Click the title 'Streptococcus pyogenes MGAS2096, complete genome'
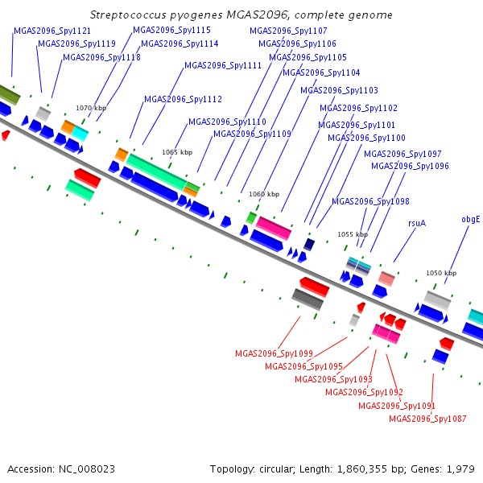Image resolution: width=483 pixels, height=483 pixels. pyautogui.click(x=242, y=14)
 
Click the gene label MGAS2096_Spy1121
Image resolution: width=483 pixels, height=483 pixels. pyautogui.click(x=52, y=31)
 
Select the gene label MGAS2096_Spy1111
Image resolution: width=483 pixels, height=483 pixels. pyautogui.click(x=223, y=65)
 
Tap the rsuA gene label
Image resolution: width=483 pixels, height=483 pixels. pyautogui.click(x=417, y=223)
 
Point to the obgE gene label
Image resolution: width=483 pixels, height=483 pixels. pyautogui.click(x=471, y=219)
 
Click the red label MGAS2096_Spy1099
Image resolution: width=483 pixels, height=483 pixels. pyautogui.click(x=274, y=353)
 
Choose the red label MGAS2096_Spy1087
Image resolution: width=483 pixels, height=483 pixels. pyautogui.click(x=427, y=419)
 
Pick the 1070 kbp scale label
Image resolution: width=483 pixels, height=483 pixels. pyautogui.click(x=91, y=108)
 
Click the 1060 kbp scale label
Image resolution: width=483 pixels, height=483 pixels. pyautogui.click(x=264, y=194)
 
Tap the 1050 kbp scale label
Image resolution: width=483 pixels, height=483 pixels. pyautogui.click(x=441, y=273)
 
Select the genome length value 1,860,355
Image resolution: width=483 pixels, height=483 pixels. pyautogui.click(x=362, y=469)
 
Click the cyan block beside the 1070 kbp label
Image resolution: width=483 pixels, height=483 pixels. pyautogui.click(x=80, y=133)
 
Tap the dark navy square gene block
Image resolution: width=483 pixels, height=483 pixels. pyautogui.click(x=309, y=244)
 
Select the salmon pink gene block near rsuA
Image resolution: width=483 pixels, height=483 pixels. pyautogui.click(x=386, y=279)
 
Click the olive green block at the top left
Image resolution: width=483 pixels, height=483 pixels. pyautogui.click(x=9, y=94)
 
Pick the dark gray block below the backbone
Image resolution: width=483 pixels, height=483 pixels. pyautogui.click(x=308, y=299)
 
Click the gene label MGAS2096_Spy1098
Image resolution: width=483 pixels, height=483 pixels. pyautogui.click(x=370, y=201)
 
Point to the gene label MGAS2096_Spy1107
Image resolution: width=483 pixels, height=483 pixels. pyautogui.click(x=288, y=31)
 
